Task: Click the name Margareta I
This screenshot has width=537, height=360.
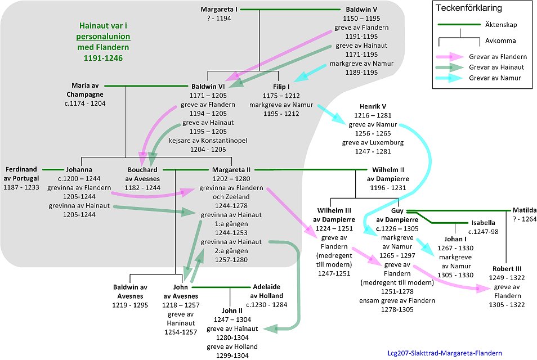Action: point(220,10)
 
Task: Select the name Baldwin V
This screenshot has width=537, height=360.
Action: point(360,10)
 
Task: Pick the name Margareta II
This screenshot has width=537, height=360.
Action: point(231,169)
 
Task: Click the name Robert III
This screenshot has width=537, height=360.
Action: point(510,268)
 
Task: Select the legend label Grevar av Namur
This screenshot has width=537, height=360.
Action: point(490,78)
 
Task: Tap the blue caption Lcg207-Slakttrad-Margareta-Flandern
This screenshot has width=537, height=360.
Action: point(445,353)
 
